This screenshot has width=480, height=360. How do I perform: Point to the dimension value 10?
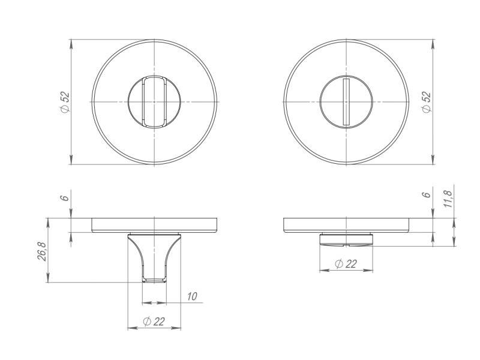coord(191,296)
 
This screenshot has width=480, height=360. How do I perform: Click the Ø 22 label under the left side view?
coord(154,322)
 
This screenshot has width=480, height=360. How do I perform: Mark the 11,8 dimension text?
coord(448,197)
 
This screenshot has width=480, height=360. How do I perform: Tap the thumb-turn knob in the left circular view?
coord(154,102)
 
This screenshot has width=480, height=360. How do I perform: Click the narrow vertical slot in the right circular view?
coord(346,102)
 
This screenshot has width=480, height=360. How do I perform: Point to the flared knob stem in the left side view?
coord(154,255)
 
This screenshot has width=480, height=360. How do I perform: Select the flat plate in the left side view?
coord(154,225)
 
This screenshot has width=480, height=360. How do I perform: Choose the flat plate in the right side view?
coord(346,225)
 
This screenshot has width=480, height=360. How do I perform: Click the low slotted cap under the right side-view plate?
coord(346,240)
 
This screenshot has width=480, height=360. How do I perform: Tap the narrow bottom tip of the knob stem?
coord(154,279)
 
